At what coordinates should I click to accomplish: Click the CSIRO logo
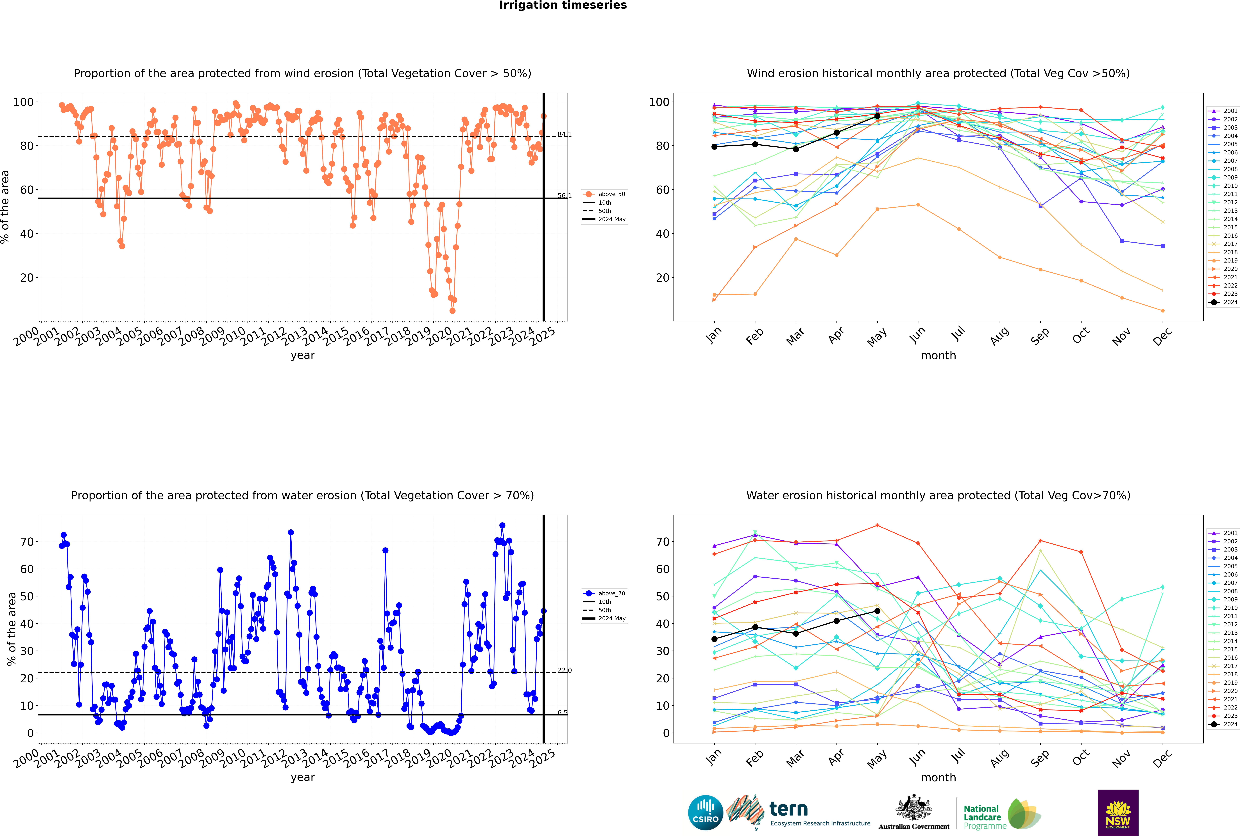coord(705,813)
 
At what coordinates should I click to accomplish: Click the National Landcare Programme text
coord(984,817)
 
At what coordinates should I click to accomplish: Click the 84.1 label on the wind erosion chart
coord(564,134)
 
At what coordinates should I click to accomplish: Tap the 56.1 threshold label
coord(564,196)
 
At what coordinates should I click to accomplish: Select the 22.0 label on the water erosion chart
coord(564,670)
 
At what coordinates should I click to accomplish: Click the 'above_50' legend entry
coord(611,194)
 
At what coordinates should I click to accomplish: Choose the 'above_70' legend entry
coord(611,593)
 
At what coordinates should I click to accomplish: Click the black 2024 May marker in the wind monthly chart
coord(877,116)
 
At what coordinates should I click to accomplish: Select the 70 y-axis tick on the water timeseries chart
coord(27,542)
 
